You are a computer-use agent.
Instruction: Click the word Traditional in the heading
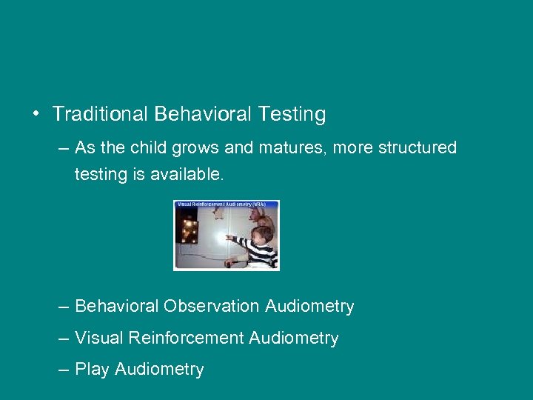pyautogui.click(x=101, y=114)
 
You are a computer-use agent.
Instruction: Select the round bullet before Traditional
pyautogui.click(x=35, y=115)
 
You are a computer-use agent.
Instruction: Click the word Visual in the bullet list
pyautogui.click(x=99, y=339)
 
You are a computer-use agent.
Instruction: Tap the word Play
pyautogui.click(x=92, y=370)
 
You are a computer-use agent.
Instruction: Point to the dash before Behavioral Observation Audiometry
pyautogui.click(x=62, y=306)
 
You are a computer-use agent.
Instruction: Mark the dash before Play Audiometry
pyautogui.click(x=62, y=370)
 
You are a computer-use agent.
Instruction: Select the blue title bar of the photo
pyautogui.click(x=226, y=204)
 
